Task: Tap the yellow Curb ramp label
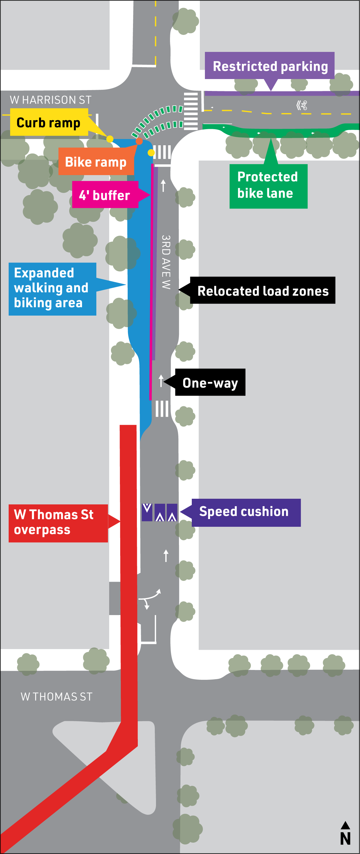point(49,122)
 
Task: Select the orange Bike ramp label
point(96,162)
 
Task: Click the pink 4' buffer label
point(105,195)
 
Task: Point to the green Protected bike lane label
point(268,186)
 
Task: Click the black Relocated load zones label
point(262,291)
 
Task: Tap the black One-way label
point(210,383)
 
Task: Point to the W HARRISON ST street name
point(50,100)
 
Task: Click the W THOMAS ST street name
point(56,696)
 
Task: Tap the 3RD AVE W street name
point(166,262)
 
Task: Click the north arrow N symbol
point(345,833)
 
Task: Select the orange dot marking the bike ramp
point(139,141)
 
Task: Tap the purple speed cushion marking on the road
point(160,512)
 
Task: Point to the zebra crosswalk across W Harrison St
point(191,111)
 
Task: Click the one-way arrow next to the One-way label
point(161,381)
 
